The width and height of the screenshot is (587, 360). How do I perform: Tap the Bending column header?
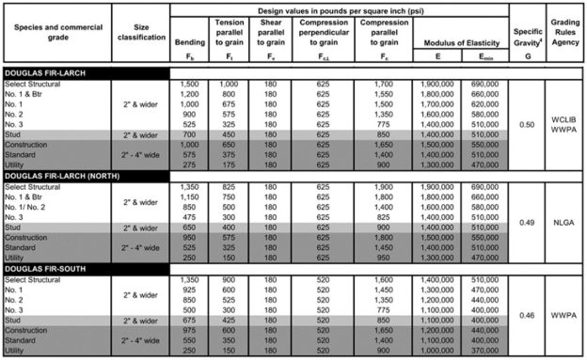coord(189,42)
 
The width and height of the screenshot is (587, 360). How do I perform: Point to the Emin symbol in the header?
coord(484,55)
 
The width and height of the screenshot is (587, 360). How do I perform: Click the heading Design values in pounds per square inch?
coord(340,8)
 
